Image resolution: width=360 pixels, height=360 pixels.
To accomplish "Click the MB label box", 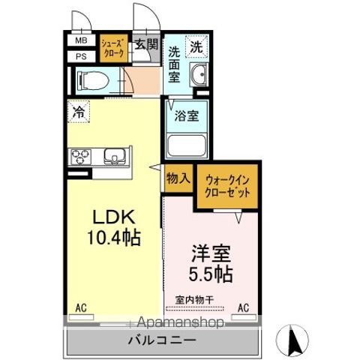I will (80, 41).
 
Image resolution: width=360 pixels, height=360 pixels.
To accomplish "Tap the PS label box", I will (80, 55).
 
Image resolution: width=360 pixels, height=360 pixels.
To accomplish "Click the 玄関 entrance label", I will (146, 44).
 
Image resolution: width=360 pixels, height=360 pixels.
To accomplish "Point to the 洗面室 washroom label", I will (173, 64).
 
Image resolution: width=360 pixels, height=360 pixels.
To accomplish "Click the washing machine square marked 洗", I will (195, 45).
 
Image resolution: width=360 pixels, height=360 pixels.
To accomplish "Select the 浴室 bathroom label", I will (186, 116).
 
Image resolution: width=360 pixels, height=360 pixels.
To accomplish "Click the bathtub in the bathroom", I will (186, 144).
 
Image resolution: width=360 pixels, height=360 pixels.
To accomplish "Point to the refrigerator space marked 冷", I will (79, 113).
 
